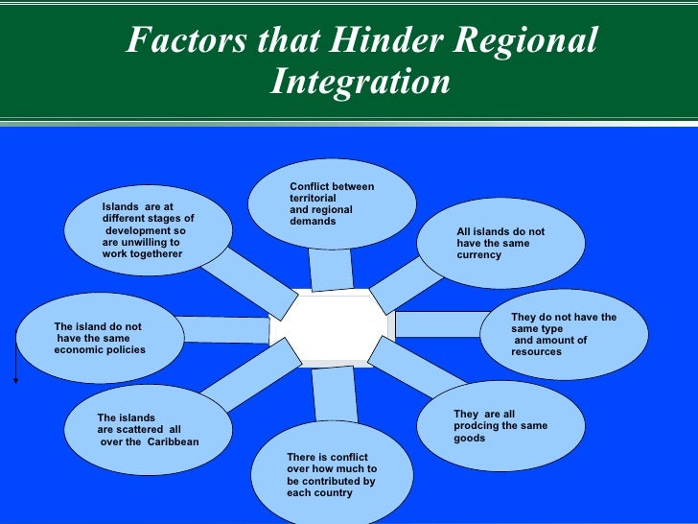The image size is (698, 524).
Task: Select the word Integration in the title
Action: click(x=360, y=82)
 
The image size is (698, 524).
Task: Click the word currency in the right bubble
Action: click(x=479, y=255)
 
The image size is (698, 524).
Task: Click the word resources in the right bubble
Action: click(x=537, y=352)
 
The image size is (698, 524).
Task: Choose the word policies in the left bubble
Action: click(x=124, y=350)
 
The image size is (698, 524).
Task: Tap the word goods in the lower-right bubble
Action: click(x=470, y=438)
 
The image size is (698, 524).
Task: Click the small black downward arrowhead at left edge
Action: click(x=15, y=381)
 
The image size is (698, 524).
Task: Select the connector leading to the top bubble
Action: click(x=331, y=269)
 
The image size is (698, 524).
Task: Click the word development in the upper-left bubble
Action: click(x=146, y=231)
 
